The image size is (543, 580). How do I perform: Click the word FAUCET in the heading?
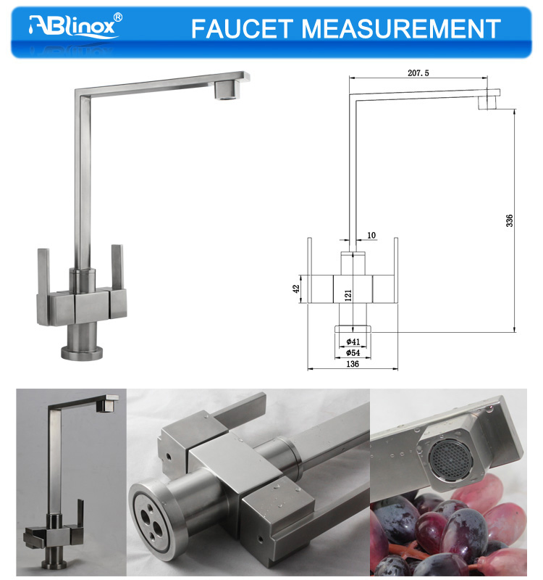point(242,29)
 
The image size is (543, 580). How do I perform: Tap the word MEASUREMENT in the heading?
point(401,29)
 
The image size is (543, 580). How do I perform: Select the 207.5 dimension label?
point(418,73)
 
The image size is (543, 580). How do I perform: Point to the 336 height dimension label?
point(510,220)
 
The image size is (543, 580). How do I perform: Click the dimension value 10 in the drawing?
point(371,235)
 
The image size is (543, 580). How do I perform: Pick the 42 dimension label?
point(296,289)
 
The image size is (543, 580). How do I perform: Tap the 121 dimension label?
point(348,295)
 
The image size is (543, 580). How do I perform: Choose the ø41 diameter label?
point(353,341)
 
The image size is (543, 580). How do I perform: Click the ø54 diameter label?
point(353,352)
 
